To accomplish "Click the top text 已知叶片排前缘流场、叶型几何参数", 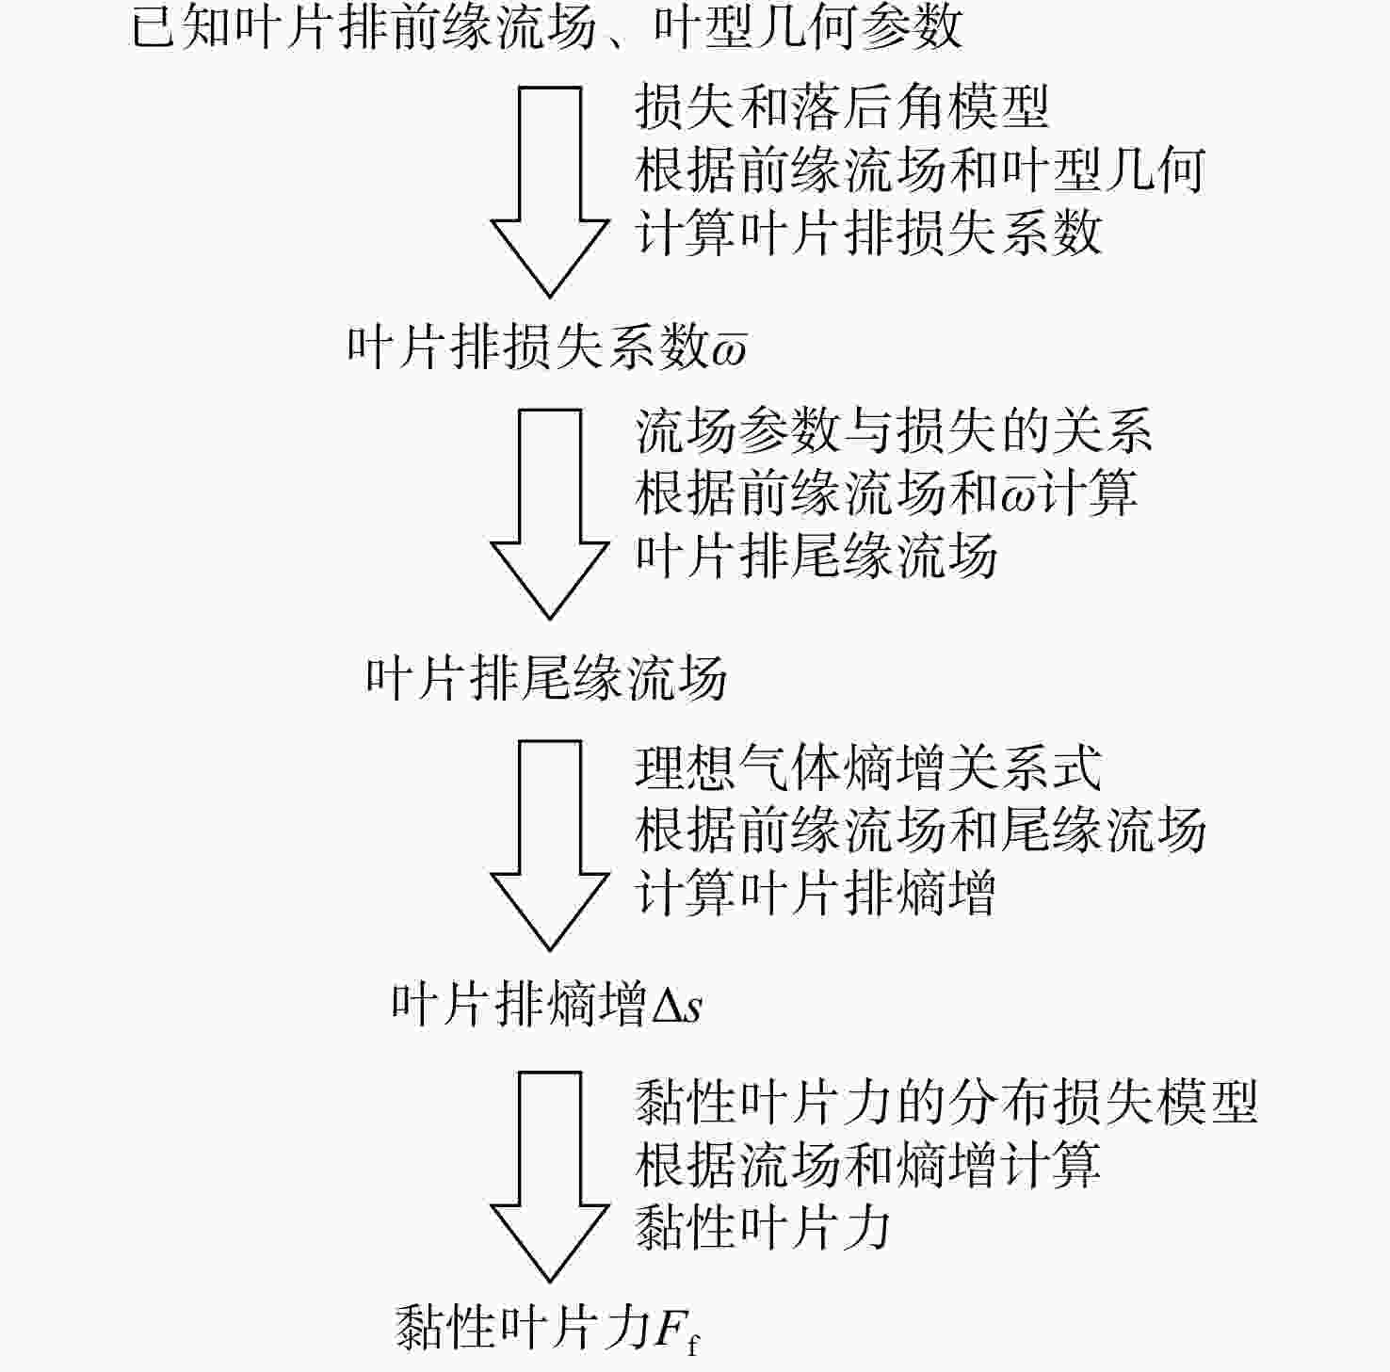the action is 546,26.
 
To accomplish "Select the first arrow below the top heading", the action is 550,192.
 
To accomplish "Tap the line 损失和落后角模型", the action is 842,105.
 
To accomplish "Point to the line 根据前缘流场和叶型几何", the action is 920,169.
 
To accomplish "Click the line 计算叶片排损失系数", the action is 868,232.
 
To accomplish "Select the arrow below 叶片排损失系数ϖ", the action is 550,514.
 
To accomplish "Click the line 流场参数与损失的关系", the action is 894,431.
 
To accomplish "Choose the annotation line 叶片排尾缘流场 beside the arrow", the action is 816,555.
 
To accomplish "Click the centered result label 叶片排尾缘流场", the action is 546,678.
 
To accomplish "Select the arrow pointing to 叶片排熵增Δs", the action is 550,845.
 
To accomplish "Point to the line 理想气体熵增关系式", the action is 868,767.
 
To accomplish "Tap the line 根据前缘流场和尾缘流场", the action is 920,830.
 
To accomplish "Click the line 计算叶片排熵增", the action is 816,892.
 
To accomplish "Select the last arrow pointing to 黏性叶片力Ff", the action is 550,1176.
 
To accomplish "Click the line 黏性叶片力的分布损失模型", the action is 946,1102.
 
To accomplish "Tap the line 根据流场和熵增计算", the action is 868,1164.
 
